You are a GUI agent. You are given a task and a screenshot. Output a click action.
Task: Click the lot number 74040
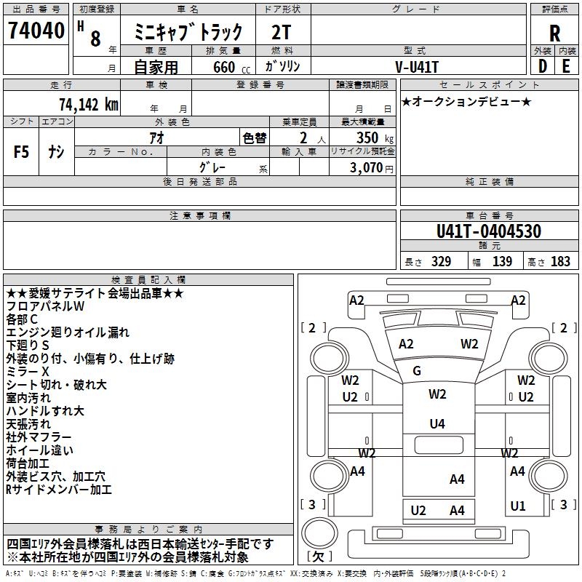pos(36,31)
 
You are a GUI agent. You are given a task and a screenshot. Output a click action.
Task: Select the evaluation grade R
pos(554,33)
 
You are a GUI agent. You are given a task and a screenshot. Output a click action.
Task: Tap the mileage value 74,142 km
pos(88,104)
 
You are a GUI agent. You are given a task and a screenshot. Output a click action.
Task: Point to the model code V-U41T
pos(417,66)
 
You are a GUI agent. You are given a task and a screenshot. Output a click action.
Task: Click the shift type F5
pos(22,153)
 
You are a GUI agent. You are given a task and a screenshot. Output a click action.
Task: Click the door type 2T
pos(282,33)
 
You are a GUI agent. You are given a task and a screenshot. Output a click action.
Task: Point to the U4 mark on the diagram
pos(437,424)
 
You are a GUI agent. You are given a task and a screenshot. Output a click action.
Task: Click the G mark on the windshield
pos(417,371)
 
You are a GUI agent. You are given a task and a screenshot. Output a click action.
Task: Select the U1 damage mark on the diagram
pos(518,506)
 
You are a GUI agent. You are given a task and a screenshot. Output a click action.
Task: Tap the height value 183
pos(560,262)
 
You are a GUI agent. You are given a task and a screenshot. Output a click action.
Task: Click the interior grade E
pos(566,66)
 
